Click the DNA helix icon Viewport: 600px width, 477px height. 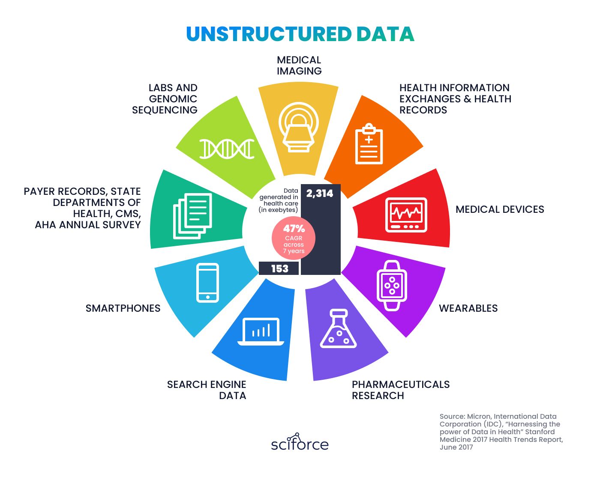227,149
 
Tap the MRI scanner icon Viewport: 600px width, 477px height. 298,127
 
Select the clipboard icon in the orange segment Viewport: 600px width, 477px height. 369,144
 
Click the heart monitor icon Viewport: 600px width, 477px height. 406,215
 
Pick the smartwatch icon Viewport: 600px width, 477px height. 392,286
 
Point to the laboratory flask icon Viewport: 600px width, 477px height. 338,329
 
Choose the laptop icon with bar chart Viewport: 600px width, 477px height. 261,331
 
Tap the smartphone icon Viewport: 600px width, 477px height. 207,283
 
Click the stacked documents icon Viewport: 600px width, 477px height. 192,216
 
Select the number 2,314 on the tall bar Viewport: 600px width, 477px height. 320,194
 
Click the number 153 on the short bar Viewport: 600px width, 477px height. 280,268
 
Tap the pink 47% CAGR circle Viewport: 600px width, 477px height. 294,238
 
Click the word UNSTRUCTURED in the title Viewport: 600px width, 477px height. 269,34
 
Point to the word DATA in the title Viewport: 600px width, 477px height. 385,34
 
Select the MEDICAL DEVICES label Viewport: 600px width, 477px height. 500,209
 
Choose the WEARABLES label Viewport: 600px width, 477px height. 468,308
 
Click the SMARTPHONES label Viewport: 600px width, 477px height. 123,308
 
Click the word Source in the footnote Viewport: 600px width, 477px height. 452,416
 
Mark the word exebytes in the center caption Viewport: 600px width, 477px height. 283,210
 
